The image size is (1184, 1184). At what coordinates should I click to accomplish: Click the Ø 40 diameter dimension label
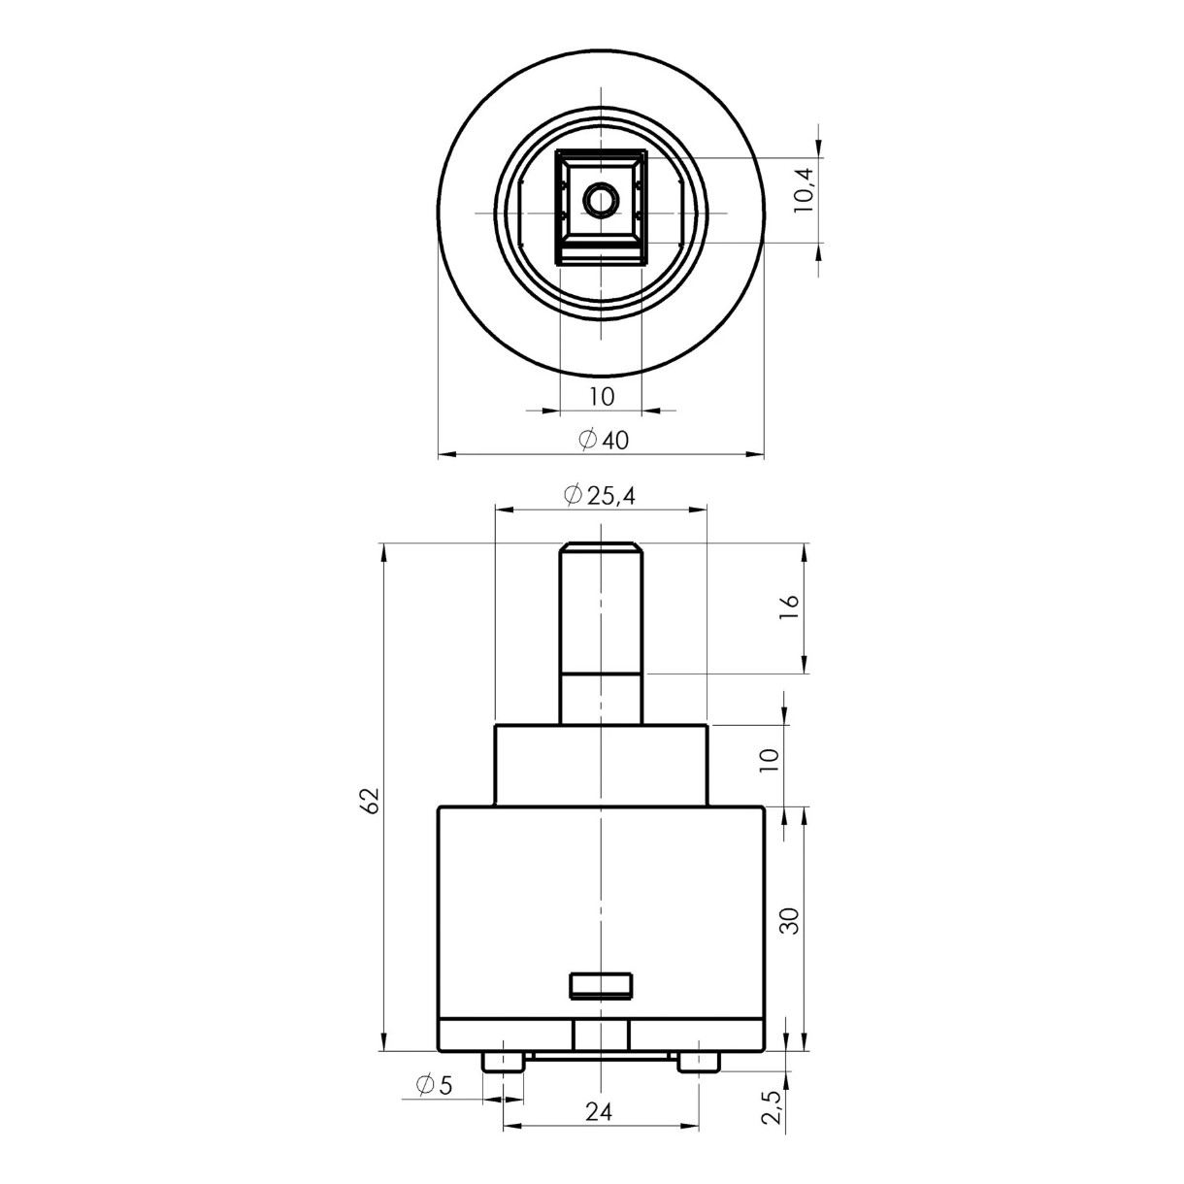[604, 440]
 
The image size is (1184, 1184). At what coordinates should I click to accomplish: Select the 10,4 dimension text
[804, 190]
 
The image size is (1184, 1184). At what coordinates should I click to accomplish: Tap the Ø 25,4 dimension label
[600, 495]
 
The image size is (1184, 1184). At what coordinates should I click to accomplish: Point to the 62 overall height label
[371, 800]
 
